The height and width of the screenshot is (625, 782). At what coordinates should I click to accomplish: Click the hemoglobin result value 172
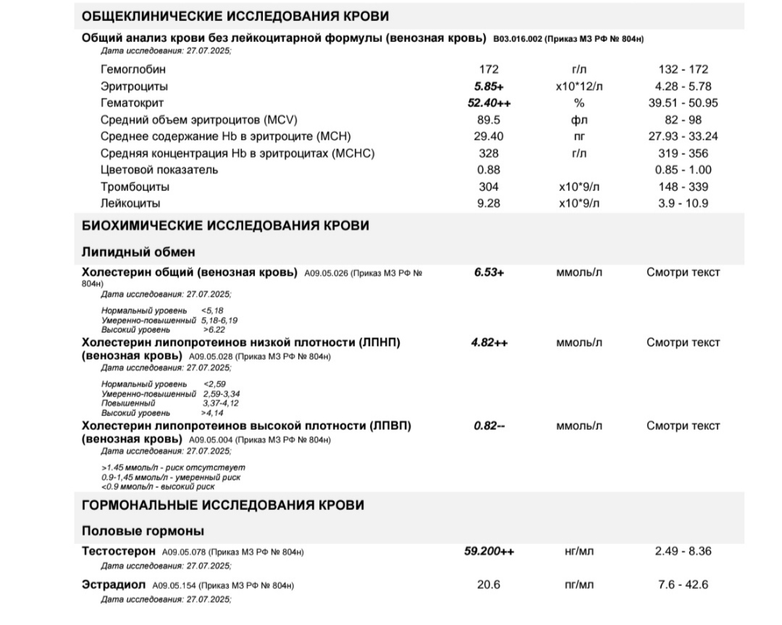pos(489,69)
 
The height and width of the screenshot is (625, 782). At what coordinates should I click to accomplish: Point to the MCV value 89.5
pos(489,119)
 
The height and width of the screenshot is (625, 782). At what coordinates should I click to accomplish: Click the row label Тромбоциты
pos(130,187)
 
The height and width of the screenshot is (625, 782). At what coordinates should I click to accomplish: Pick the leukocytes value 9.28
pos(489,203)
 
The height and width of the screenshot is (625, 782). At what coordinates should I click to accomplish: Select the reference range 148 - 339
pos(684,187)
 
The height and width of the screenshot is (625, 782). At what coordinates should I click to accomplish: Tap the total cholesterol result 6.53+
pos(489,273)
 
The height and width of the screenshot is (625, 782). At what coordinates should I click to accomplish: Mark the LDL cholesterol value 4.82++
pos(489,342)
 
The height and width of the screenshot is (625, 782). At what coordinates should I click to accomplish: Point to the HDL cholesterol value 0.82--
pos(489,426)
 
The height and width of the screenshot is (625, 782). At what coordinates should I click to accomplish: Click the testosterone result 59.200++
pos(489,551)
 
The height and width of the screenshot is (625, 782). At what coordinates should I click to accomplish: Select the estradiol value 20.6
pos(489,584)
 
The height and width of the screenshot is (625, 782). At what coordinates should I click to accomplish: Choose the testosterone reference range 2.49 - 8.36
pos(684,551)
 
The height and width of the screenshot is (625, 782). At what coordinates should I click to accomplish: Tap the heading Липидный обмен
pos(138,252)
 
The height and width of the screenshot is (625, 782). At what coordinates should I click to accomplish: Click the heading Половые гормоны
pos(143,531)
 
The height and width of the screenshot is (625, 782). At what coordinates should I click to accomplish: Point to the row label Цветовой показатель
pos(159,170)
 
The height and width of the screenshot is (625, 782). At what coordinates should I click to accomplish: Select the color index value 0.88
pos(489,170)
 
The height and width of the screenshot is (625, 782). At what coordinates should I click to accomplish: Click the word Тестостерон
pos(119,551)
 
